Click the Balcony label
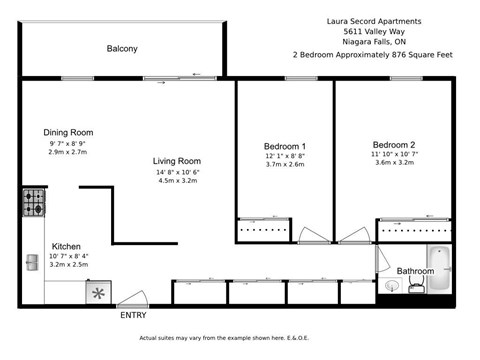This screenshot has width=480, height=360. point(121,49)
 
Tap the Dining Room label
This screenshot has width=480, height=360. point(68,132)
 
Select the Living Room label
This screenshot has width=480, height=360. point(176,161)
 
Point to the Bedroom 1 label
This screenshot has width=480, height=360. point(284,144)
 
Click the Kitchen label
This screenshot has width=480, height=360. point(66,246)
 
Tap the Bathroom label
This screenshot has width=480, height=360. point(415,271)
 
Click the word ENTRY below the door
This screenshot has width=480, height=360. point(133,316)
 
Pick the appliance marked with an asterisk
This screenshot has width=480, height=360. point(98,292)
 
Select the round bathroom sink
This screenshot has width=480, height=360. point(394,284)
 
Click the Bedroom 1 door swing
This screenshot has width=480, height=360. point(310,236)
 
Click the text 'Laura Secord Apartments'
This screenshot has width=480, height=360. point(373,19)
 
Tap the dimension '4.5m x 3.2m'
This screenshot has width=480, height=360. point(176,182)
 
